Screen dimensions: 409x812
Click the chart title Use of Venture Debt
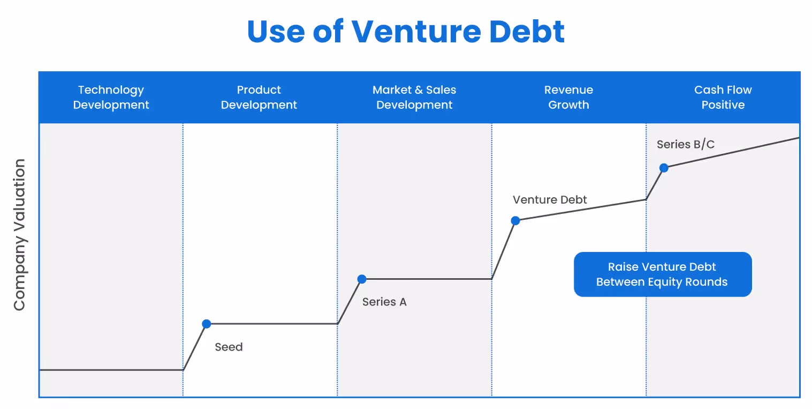(x=406, y=31)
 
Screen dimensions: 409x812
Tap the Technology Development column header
(x=111, y=97)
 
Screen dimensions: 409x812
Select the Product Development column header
(x=259, y=97)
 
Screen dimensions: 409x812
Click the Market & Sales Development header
(x=414, y=97)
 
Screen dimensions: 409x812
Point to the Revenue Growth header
(x=568, y=97)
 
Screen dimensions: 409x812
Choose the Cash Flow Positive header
(x=723, y=97)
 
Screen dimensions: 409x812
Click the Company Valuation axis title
(x=20, y=235)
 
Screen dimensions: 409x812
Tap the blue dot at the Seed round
(x=207, y=324)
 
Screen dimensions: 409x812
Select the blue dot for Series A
(x=362, y=279)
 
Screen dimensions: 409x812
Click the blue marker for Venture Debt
(x=515, y=220)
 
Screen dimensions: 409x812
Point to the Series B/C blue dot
(x=664, y=168)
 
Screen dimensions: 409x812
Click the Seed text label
(x=229, y=347)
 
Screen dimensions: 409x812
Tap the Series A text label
(x=384, y=302)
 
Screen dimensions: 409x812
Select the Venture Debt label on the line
(x=550, y=200)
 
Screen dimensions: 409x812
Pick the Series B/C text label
(x=686, y=144)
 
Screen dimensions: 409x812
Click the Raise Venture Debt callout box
(x=663, y=274)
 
